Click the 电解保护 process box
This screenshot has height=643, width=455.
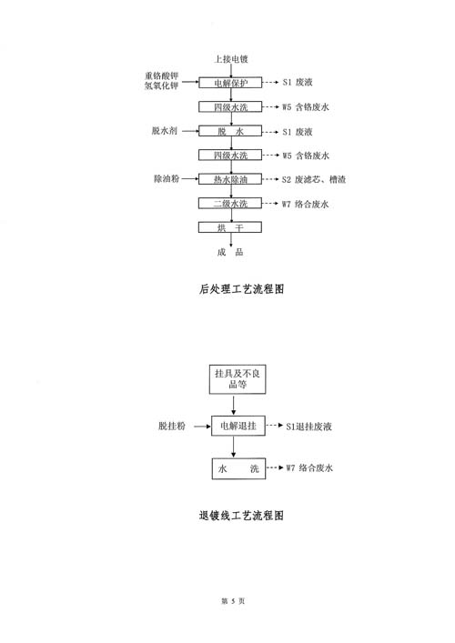point(230,83)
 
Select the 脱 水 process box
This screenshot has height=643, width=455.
point(230,131)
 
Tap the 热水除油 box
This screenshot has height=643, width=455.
point(230,179)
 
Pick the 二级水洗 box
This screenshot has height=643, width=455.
point(230,204)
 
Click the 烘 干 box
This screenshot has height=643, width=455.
point(230,227)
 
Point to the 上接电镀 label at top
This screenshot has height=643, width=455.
point(231,59)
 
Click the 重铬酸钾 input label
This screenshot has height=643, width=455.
point(162,75)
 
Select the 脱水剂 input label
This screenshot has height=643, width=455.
point(165,131)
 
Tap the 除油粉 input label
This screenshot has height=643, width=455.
point(167,179)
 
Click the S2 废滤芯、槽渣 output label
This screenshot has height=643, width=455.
point(314,179)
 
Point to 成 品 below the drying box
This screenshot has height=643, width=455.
point(230,252)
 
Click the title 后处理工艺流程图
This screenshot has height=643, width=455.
point(241,289)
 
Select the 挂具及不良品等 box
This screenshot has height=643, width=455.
point(238,379)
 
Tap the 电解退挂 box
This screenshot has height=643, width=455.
point(238,426)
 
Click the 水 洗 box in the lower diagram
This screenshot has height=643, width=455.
point(238,468)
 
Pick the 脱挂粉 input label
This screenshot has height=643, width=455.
point(172,426)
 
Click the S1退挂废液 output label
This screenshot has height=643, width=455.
point(308,427)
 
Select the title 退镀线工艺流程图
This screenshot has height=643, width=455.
point(241,516)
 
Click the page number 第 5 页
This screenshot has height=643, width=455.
point(233,601)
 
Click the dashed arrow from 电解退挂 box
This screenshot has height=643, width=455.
point(275,426)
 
